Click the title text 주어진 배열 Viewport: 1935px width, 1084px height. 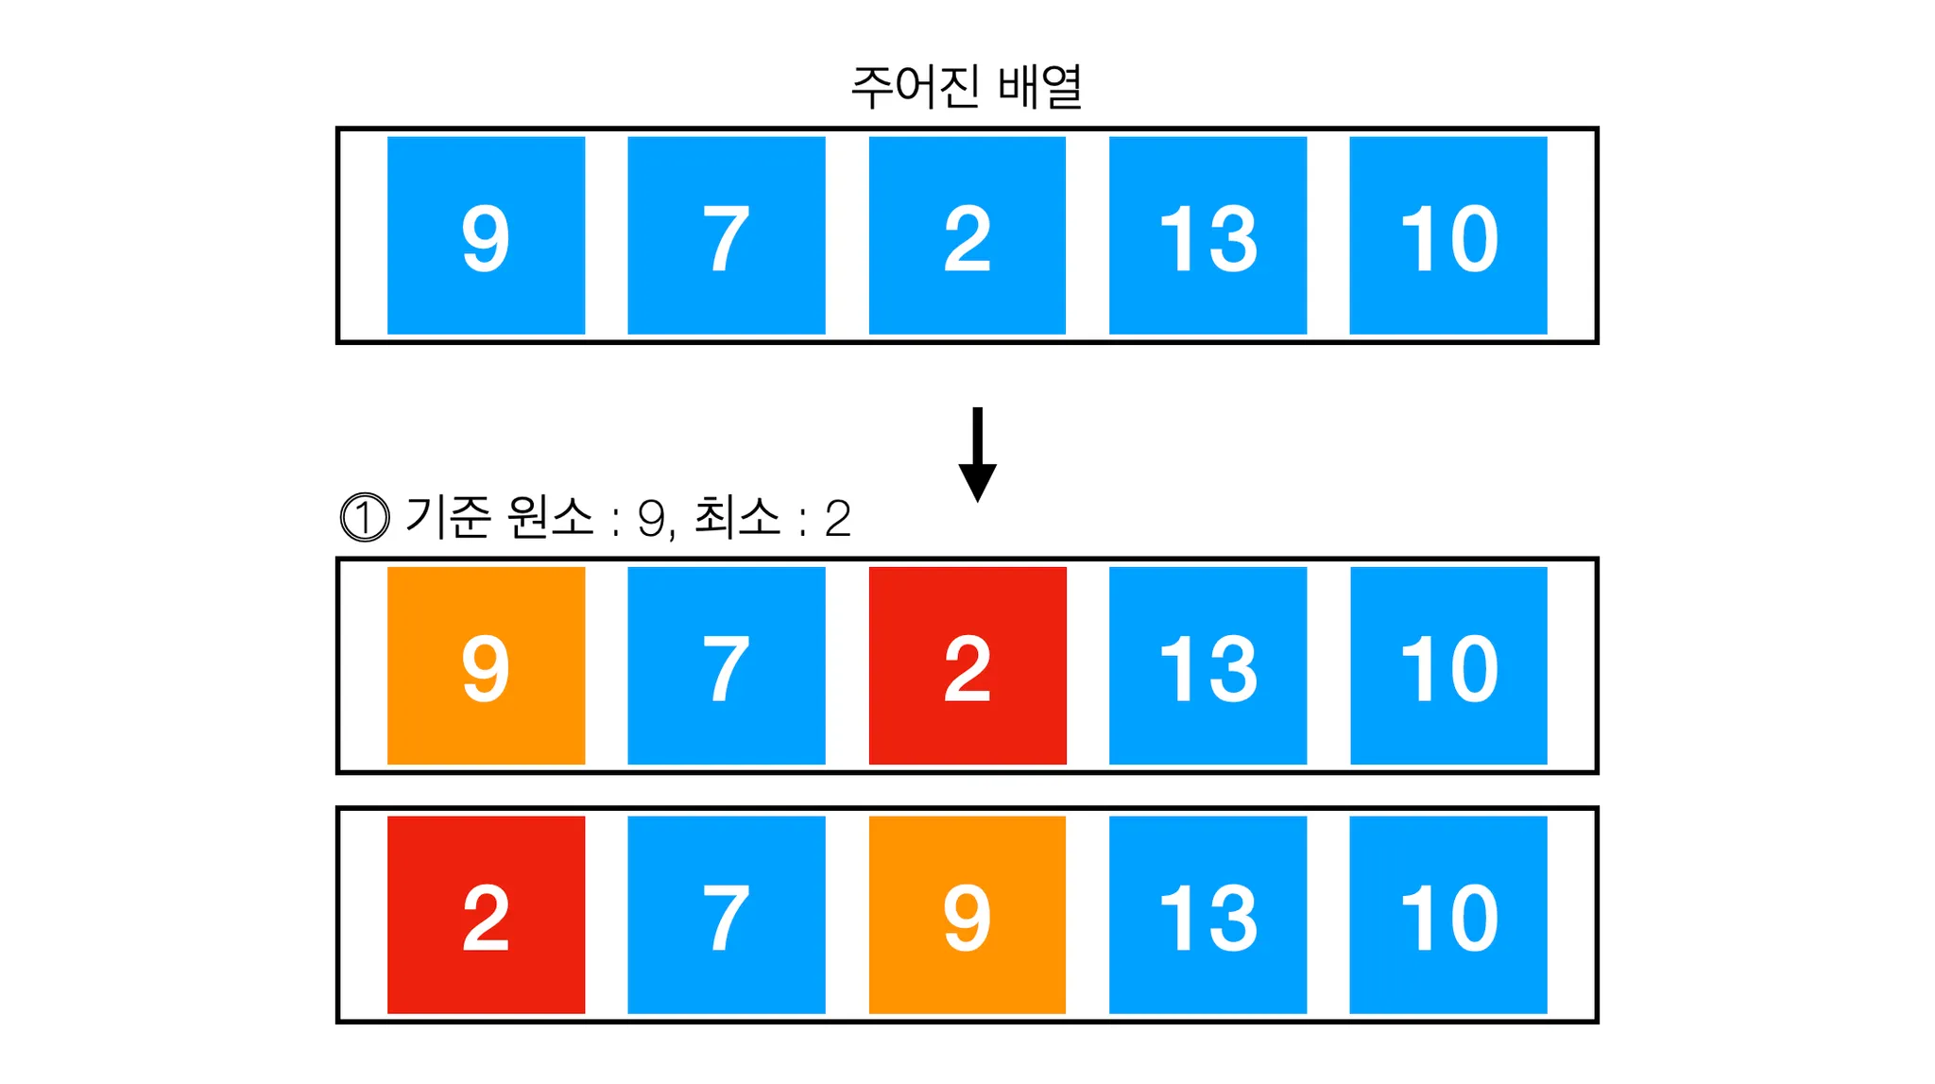967,87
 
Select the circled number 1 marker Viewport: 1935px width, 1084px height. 364,518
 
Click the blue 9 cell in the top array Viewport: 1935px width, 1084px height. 486,235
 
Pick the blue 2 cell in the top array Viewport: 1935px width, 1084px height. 967,235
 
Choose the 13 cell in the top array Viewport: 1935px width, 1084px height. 1207,235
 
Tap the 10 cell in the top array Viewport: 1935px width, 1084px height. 1447,235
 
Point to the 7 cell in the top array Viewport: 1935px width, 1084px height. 726,235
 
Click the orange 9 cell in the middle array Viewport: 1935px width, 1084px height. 486,665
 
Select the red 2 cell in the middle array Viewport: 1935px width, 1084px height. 967,665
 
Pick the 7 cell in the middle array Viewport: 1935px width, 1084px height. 726,665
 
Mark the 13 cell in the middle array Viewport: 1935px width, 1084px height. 1207,665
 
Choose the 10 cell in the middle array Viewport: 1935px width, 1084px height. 1447,665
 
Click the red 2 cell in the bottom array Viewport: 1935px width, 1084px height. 486,915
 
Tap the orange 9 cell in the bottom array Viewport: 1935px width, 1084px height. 967,915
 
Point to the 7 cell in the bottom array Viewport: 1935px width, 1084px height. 726,915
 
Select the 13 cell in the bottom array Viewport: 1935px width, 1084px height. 1207,915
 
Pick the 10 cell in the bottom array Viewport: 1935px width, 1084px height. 1447,915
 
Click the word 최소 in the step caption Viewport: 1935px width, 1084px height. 737,517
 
